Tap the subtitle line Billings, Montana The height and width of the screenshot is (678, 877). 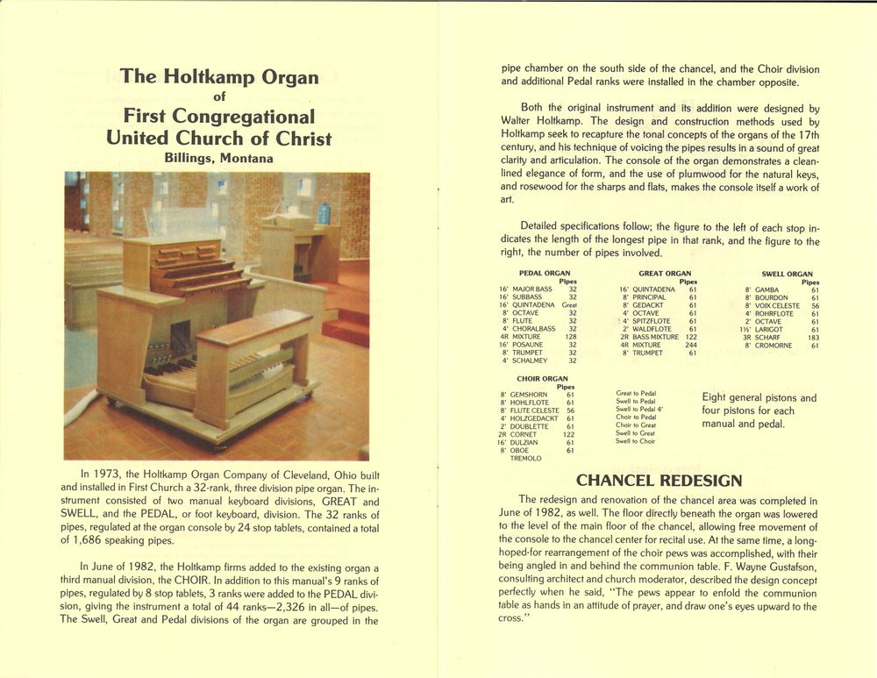[218, 159]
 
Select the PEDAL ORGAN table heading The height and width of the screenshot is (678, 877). [545, 274]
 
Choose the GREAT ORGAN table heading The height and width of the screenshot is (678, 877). [665, 274]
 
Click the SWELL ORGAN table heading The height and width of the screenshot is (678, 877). [787, 274]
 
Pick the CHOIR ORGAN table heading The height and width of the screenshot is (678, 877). [543, 379]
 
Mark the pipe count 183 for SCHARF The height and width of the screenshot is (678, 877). [813, 337]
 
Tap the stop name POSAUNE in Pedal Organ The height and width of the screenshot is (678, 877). [529, 345]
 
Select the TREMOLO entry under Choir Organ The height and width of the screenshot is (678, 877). [525, 459]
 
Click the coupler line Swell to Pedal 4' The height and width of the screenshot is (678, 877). [639, 410]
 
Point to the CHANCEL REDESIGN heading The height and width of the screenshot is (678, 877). [659, 480]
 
